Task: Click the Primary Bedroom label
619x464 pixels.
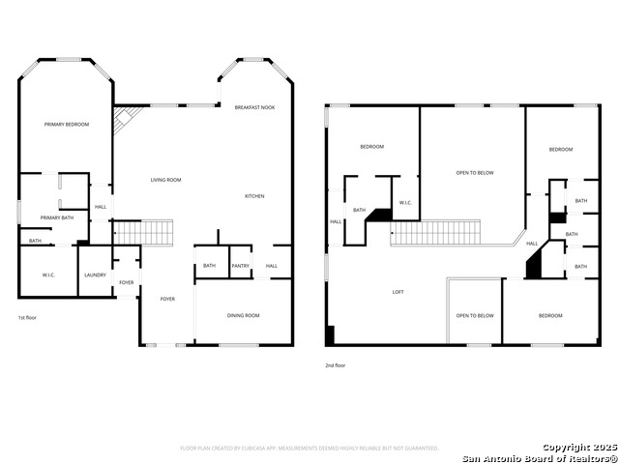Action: coord(66,125)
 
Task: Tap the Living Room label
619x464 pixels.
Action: coord(165,180)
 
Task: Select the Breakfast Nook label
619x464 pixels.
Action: coord(254,107)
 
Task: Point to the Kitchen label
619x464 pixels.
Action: coord(254,196)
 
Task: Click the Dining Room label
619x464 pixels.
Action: coord(244,316)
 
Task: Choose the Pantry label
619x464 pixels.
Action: coord(240,266)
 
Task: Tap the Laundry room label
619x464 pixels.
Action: coord(95,275)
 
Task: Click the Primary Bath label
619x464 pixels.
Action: coord(57,217)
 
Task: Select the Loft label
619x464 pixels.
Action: coord(398,291)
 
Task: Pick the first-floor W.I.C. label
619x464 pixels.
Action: coord(48,275)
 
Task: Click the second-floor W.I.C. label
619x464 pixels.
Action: coord(406,202)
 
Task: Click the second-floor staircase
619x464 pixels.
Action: coord(435,232)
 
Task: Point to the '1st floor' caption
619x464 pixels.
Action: coord(28,318)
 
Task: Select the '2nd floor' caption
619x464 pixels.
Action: coord(335,365)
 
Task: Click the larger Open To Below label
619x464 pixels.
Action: coord(475,173)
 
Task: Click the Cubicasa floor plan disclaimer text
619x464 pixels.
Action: coord(309,449)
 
